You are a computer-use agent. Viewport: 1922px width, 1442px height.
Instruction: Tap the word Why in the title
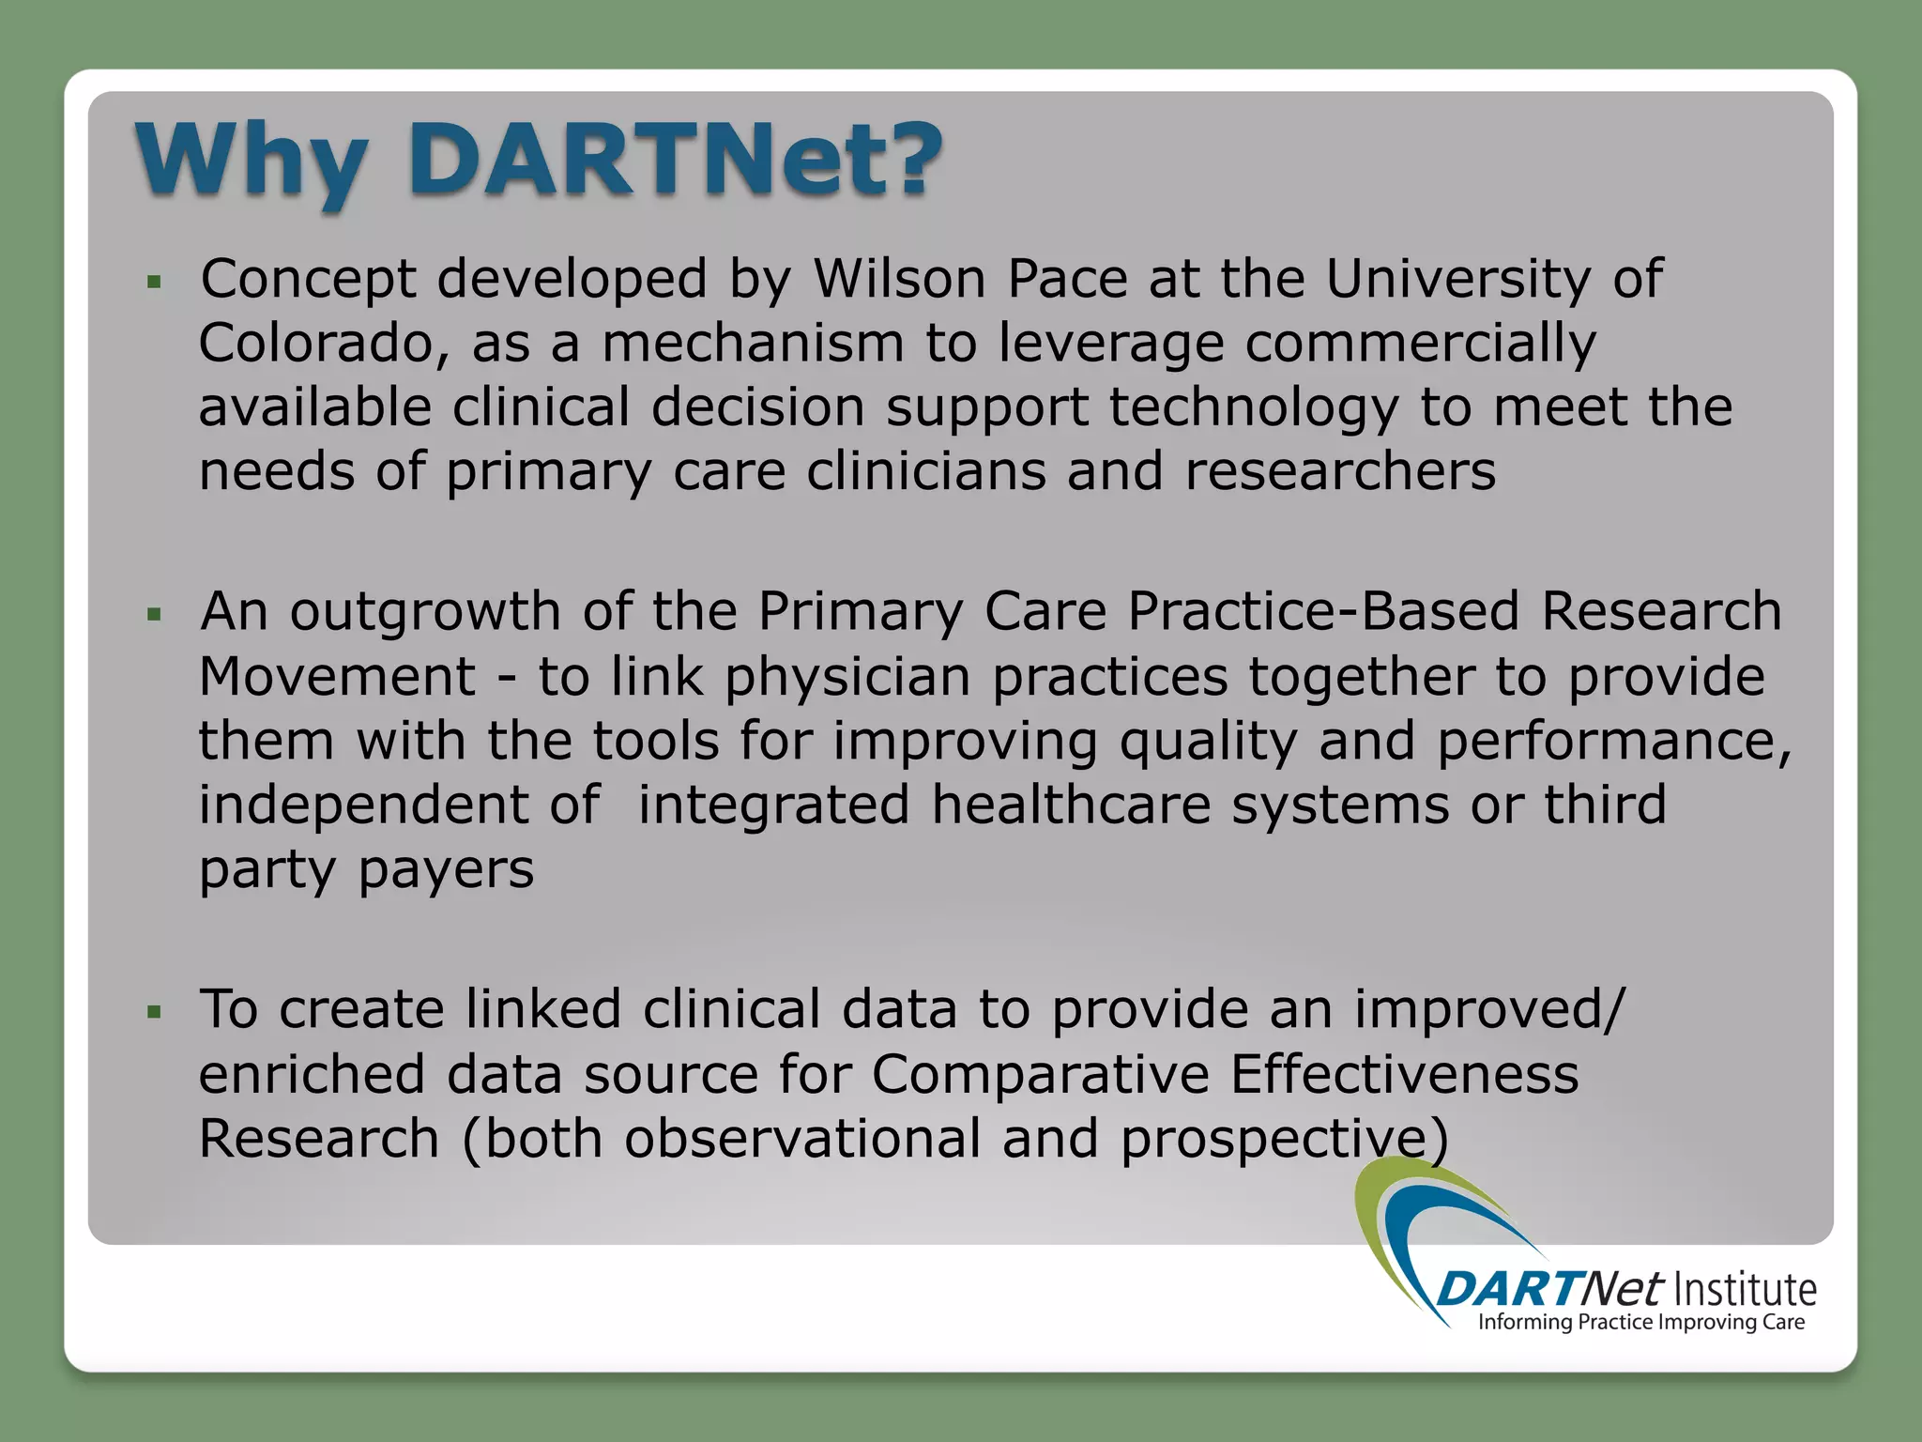pyautogui.click(x=252, y=161)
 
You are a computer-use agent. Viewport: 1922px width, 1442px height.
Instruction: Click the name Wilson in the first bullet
pyautogui.click(x=899, y=279)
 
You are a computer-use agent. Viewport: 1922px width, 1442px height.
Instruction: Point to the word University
pyautogui.click(x=1457, y=281)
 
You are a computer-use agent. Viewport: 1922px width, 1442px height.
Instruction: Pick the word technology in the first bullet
pyautogui.click(x=1253, y=408)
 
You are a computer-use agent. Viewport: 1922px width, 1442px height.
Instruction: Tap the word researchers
pyautogui.click(x=1340, y=470)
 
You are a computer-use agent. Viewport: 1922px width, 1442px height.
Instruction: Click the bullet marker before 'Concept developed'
pyautogui.click(x=155, y=282)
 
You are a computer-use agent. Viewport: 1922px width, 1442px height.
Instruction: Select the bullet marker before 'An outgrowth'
pyautogui.click(x=155, y=615)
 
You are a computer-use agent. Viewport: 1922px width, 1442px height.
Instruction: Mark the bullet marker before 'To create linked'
pyautogui.click(x=155, y=1012)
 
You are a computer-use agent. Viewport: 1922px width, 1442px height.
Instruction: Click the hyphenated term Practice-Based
pyautogui.click(x=1323, y=612)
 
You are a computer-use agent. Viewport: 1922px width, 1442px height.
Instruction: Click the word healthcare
pyautogui.click(x=1071, y=805)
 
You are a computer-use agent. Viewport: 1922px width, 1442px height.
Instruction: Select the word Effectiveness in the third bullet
pyautogui.click(x=1404, y=1074)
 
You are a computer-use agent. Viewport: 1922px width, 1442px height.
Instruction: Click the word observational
pyautogui.click(x=801, y=1139)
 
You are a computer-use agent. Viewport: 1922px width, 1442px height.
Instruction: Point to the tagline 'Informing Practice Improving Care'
pyautogui.click(x=1641, y=1322)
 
